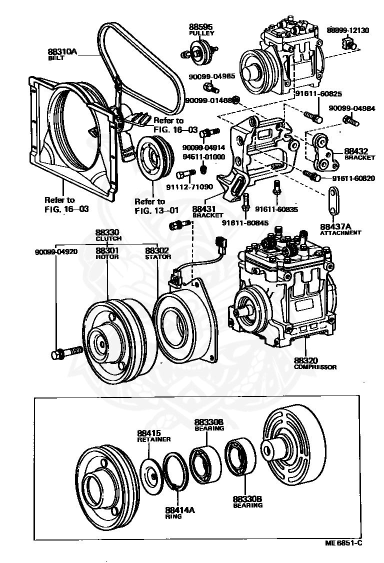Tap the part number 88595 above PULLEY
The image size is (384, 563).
pyautogui.click(x=201, y=26)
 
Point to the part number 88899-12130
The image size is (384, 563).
pyautogui.click(x=347, y=30)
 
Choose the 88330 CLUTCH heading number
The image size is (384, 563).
pyautogui.click(x=107, y=232)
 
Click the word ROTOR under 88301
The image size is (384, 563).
pyautogui.click(x=107, y=256)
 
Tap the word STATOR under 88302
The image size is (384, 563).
pyautogui.click(x=157, y=256)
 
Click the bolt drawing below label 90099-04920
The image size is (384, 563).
pyautogui.click(x=66, y=352)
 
